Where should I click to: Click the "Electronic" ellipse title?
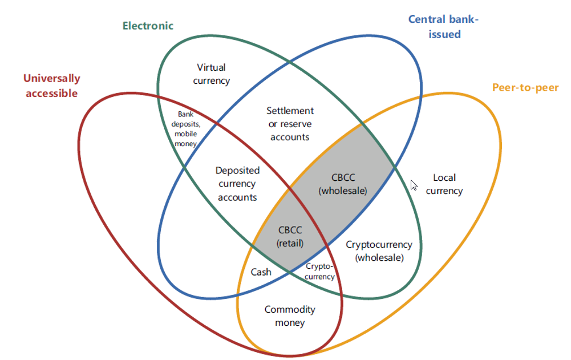(148, 26)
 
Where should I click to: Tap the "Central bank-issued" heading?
(443, 27)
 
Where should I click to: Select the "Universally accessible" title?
(51, 86)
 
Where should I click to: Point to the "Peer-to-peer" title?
(525, 88)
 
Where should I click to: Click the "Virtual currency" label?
(212, 74)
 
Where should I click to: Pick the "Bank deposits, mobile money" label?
(186, 129)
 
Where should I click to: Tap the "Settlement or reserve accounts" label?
(290, 124)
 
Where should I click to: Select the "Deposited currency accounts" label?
(237, 184)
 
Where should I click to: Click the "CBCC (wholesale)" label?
(342, 184)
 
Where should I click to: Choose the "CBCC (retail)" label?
(289, 236)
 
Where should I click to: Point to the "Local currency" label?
(444, 184)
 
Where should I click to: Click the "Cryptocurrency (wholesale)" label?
(379, 251)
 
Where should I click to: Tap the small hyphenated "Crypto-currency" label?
(319, 272)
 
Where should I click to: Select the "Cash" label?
(261, 272)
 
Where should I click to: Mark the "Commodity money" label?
(290, 316)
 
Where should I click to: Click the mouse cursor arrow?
(414, 185)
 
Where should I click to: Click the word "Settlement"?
(290, 111)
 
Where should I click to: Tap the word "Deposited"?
(237, 171)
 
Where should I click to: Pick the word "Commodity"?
(290, 310)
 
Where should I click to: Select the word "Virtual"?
(212, 68)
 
